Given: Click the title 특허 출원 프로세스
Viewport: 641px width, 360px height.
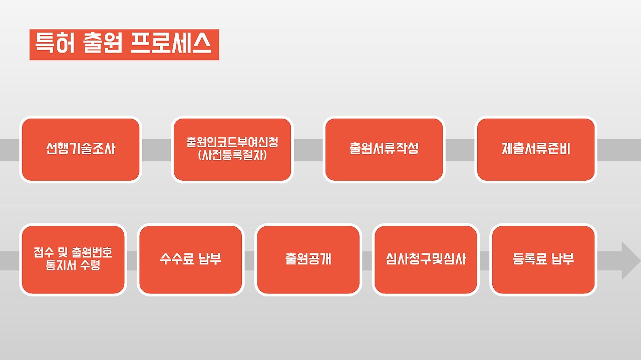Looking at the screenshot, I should tap(124, 45).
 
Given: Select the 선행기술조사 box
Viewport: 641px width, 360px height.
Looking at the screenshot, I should tap(81, 150).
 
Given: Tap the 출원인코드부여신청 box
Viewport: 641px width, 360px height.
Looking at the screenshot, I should tap(232, 150).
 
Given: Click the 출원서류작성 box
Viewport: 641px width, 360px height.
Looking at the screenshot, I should tap(384, 150).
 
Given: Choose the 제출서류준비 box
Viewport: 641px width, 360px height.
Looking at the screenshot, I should tap(536, 150).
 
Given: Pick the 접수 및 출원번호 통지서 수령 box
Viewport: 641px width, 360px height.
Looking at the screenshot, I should tap(73, 259).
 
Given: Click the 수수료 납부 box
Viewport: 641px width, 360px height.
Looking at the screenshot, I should tap(190, 259).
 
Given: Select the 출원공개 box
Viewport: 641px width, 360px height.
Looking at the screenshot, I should tap(308, 259).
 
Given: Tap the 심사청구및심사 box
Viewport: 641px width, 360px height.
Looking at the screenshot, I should tap(426, 259).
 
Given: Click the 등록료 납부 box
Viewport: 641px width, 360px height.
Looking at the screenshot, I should tap(543, 259).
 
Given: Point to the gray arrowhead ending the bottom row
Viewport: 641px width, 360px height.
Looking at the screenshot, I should tap(630, 260).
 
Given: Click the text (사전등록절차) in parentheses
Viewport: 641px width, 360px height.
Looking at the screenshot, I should tap(232, 155).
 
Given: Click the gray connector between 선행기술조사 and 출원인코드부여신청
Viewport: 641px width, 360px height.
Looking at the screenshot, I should tap(157, 150).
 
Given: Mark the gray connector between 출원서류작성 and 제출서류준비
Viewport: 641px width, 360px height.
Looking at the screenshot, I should tap(460, 150).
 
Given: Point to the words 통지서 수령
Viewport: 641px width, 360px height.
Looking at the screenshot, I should tap(73, 265).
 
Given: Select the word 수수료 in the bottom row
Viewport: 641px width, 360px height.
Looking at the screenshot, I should tap(177, 259).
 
